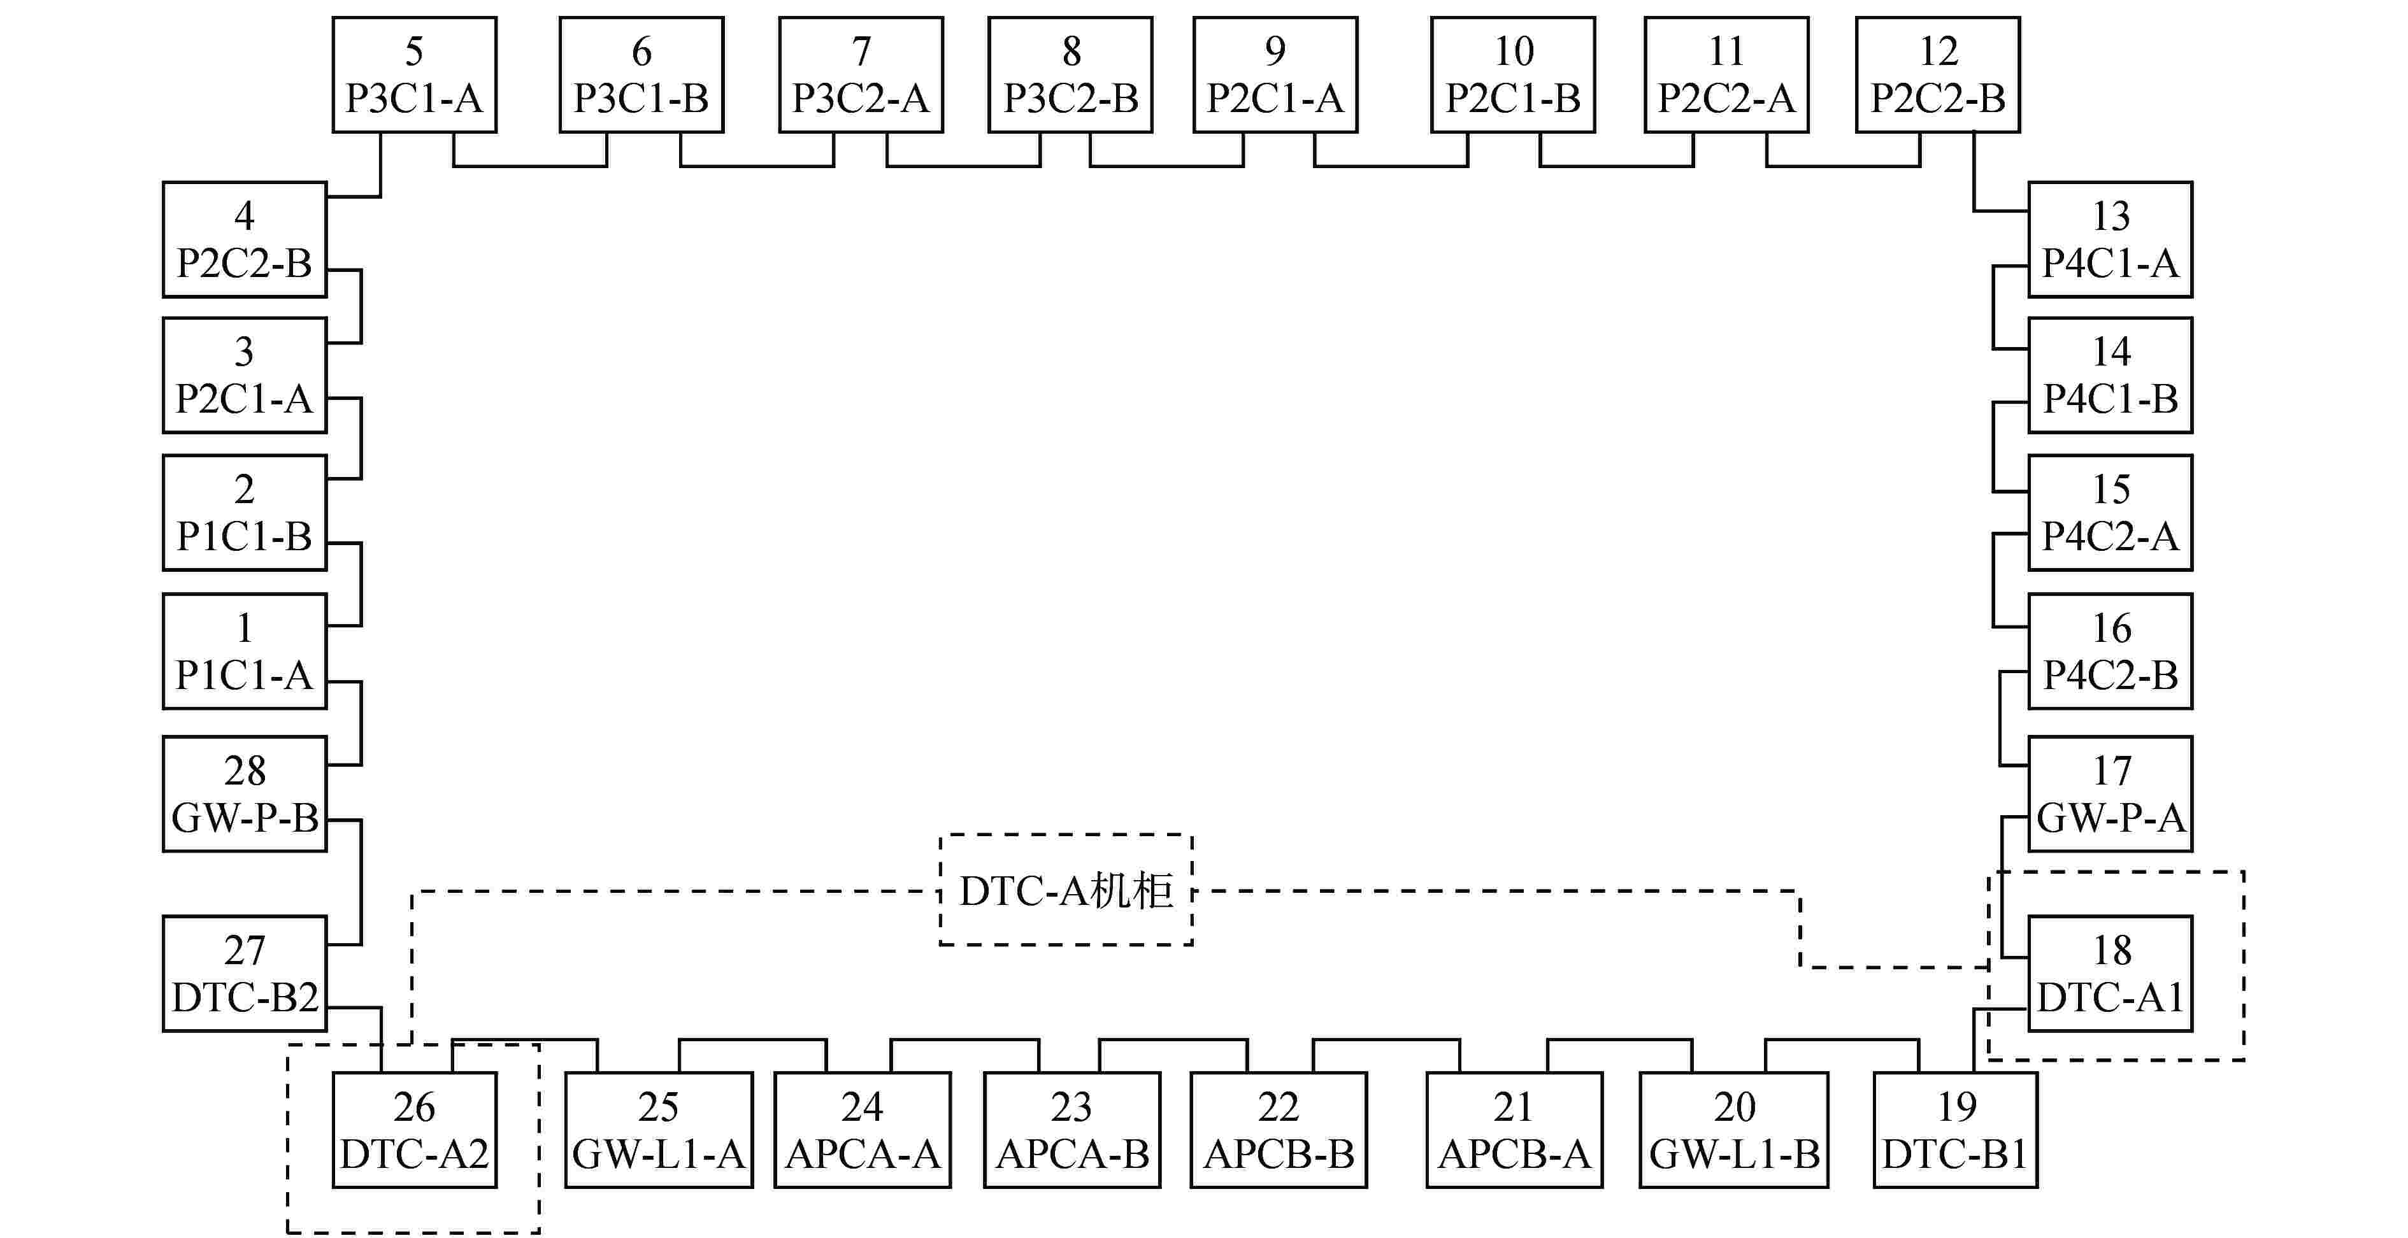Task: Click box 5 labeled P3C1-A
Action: (414, 75)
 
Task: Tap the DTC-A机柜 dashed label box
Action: (1066, 890)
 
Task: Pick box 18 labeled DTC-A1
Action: (2110, 974)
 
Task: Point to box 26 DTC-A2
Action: (414, 1130)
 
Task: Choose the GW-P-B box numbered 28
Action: (244, 794)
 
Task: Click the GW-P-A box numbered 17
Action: (2110, 794)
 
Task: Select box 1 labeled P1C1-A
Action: (244, 651)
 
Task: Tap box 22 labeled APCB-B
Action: (1278, 1130)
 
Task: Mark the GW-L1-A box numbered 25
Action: (658, 1130)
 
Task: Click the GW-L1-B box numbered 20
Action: (1733, 1130)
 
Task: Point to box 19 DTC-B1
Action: (1956, 1130)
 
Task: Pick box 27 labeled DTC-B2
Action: (244, 974)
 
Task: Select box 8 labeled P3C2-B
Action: (1070, 75)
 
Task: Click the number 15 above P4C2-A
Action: (2111, 488)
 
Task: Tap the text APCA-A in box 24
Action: (862, 1155)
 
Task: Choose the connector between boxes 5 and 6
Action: (530, 166)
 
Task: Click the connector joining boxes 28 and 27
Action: (361, 883)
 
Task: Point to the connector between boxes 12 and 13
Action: (1974, 187)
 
